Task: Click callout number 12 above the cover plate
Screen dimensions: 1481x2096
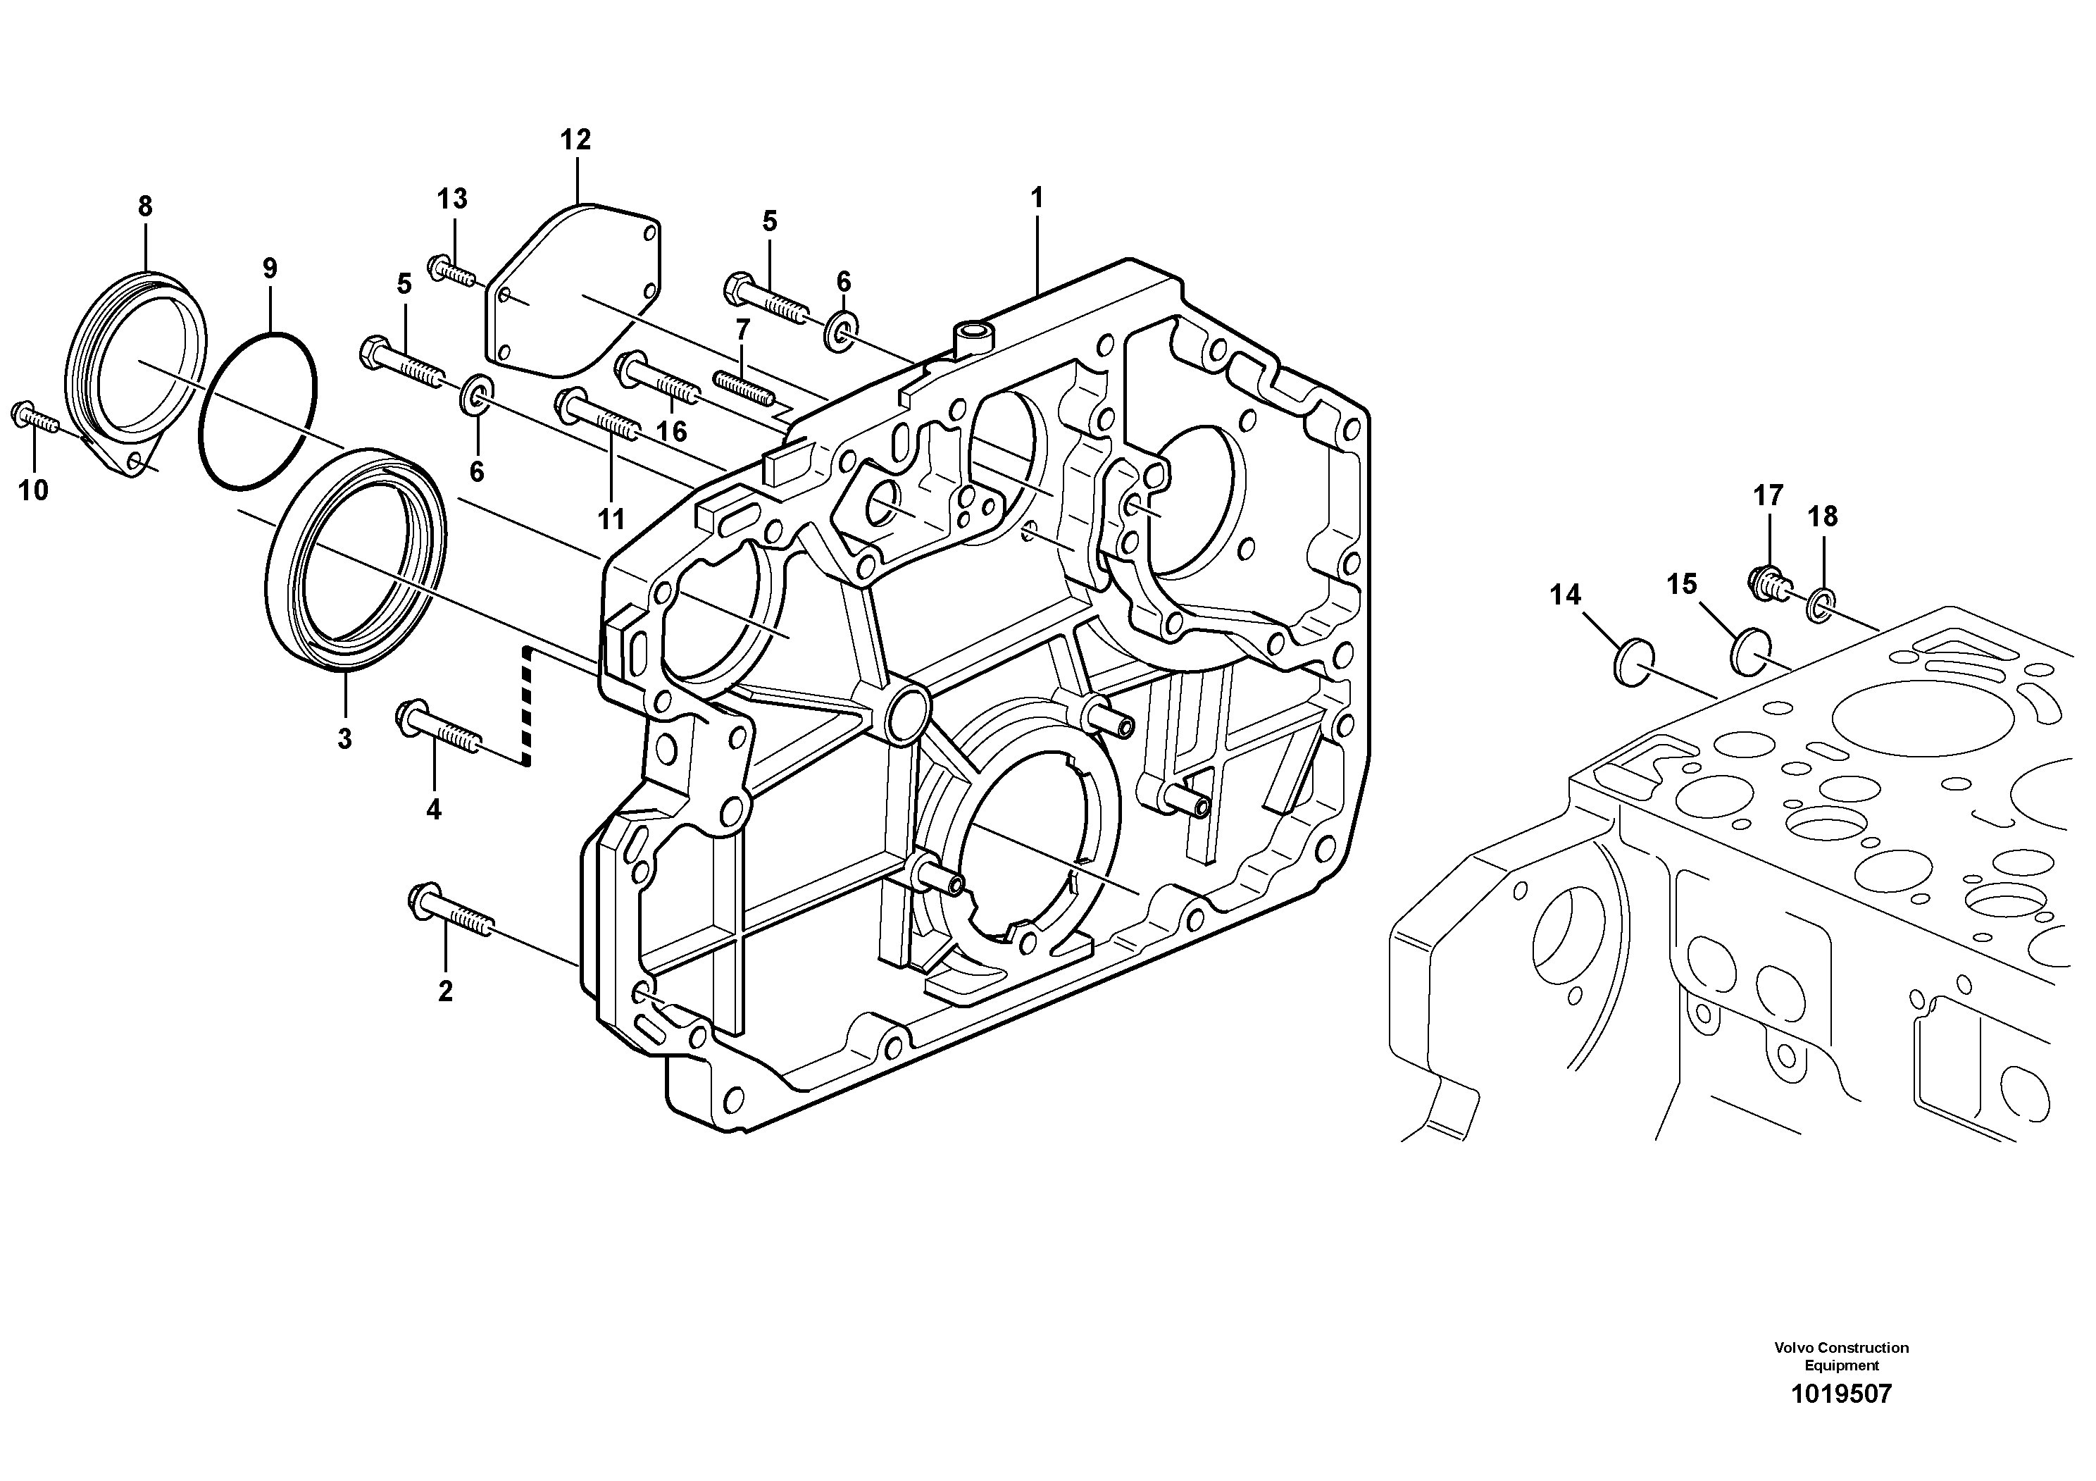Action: pyautogui.click(x=575, y=140)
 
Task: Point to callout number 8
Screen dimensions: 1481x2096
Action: pyautogui.click(x=145, y=206)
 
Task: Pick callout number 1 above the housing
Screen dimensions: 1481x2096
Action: pyautogui.click(x=1036, y=197)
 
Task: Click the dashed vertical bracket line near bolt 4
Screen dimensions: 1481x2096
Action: pyautogui.click(x=526, y=703)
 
